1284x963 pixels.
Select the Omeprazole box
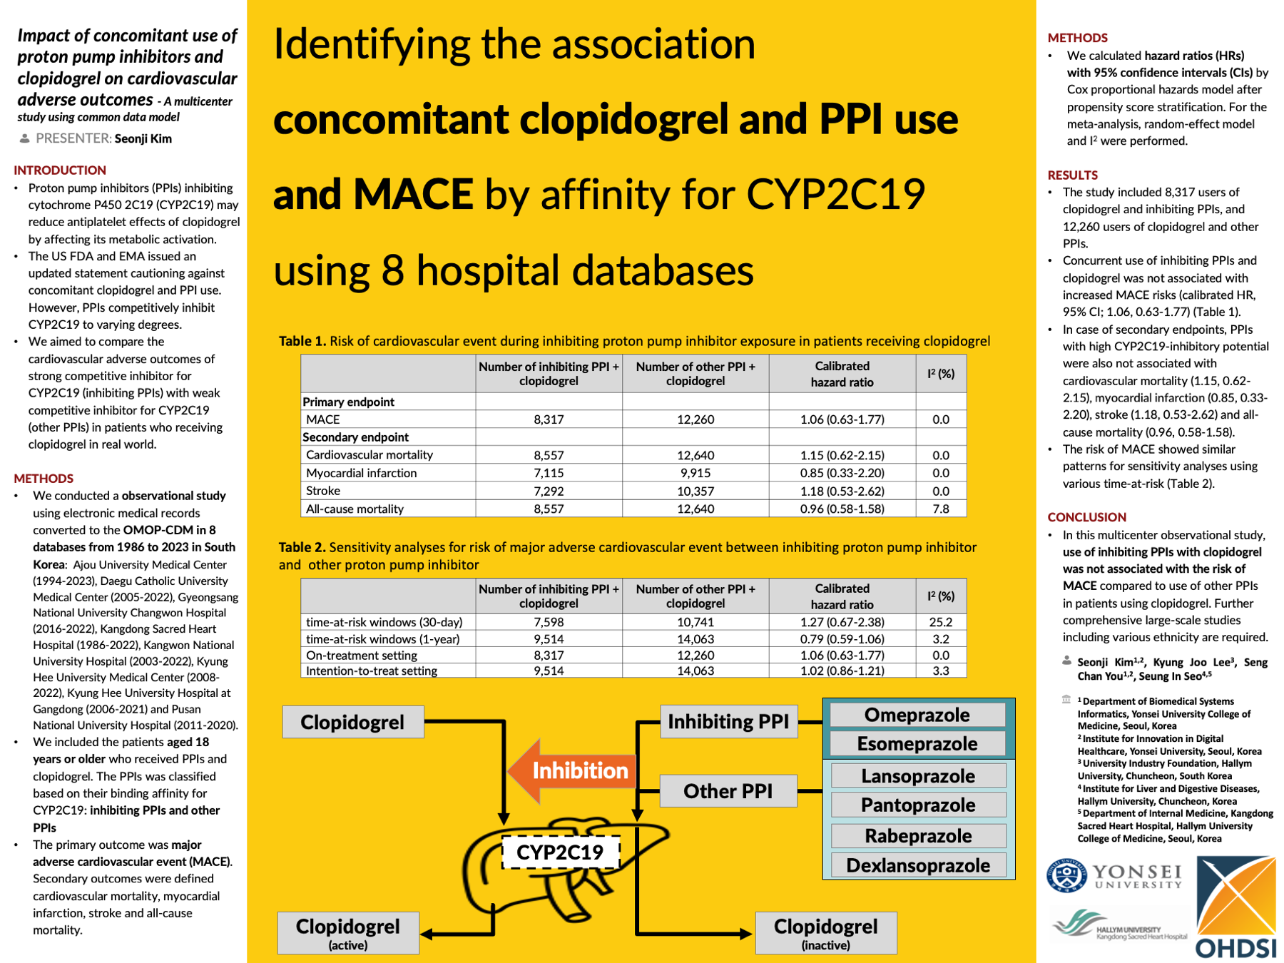pos(917,715)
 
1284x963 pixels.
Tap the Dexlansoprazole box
pos(918,865)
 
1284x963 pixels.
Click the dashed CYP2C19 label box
pos(560,852)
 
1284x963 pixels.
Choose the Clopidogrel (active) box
pos(348,932)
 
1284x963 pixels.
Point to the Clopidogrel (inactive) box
pos(825,932)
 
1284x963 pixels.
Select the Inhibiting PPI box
pos(728,721)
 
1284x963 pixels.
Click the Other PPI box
pos(728,791)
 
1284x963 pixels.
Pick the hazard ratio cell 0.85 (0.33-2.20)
pos(842,473)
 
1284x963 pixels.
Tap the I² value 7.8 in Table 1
pos(940,509)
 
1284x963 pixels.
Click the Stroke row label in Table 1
pos(323,491)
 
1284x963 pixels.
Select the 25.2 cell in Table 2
pos(940,622)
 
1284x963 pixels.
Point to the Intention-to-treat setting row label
pos(371,671)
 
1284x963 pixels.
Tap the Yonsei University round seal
pos(1066,875)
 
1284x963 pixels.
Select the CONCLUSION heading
pos(1086,517)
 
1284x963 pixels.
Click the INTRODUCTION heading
pos(60,170)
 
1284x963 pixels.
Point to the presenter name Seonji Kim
pos(143,138)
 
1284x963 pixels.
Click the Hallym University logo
pos(1119,925)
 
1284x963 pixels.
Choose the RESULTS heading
pos(1072,175)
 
